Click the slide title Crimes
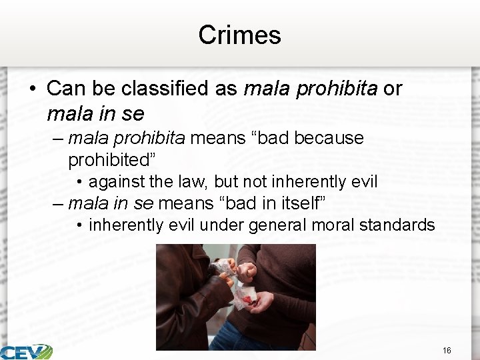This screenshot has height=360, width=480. click(x=239, y=35)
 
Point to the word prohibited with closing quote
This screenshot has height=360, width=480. click(x=116, y=159)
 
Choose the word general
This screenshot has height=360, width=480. click(x=280, y=225)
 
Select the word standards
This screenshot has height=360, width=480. click(x=397, y=225)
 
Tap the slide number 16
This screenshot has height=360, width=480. click(x=446, y=350)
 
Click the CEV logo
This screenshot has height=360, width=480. click(x=27, y=351)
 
